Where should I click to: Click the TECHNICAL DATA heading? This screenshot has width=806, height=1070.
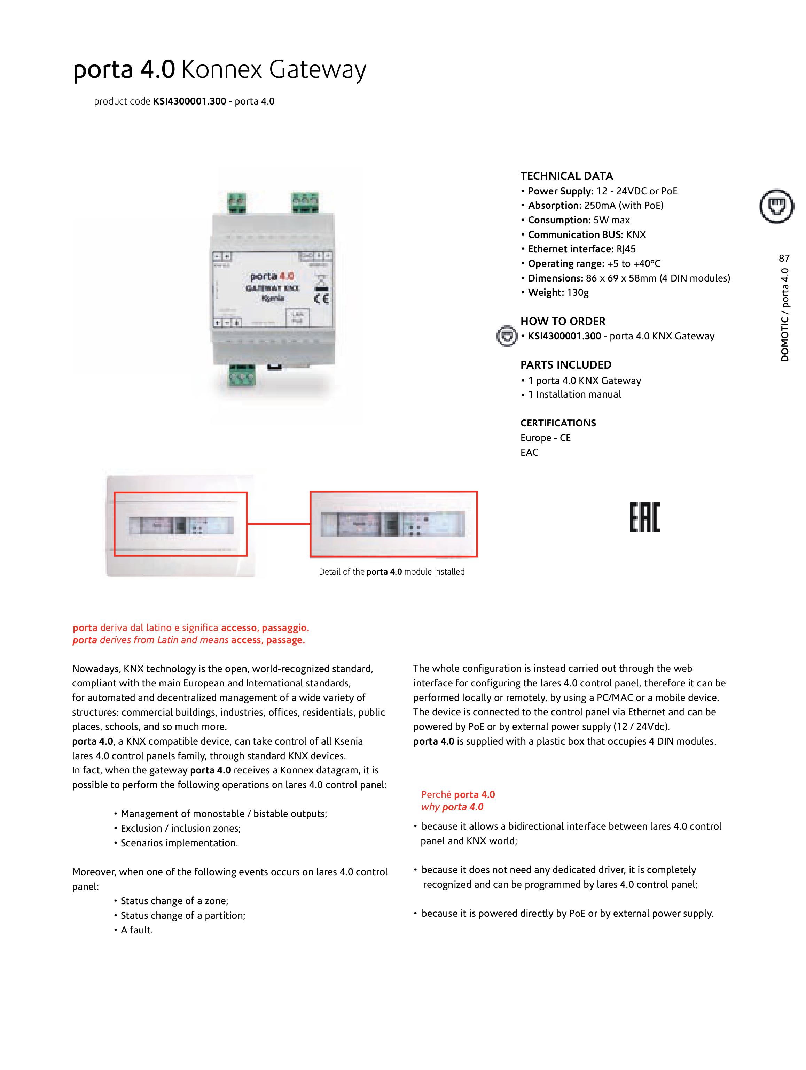(566, 176)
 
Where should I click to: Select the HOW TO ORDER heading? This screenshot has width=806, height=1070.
(562, 321)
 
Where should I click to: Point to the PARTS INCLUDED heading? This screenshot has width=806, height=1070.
(566, 365)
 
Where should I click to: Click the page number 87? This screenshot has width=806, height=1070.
(784, 258)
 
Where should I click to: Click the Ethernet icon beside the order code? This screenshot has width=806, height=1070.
(507, 336)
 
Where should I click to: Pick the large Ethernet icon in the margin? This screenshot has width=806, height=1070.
(776, 206)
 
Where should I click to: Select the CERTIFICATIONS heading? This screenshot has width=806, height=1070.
(558, 423)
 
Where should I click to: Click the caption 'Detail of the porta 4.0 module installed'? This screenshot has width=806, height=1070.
(391, 572)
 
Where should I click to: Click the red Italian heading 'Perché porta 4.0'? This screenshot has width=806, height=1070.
(457, 794)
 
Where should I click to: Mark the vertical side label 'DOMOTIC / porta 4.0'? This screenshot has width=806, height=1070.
(784, 314)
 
